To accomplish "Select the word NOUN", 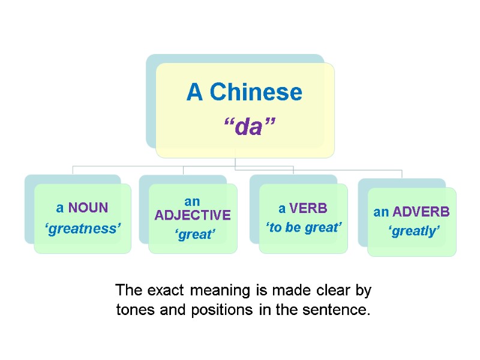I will point(88,208).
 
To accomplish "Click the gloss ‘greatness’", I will point(82,228).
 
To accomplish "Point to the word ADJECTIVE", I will point(193,215).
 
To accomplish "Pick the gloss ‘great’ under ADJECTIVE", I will point(194,235).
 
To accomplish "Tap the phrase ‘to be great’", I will point(304,227).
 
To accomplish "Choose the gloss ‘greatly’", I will point(413,231).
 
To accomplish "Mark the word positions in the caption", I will point(208,311).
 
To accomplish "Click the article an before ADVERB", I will point(380,212).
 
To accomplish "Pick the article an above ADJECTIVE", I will point(192,202).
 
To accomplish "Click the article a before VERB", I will point(282,208).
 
